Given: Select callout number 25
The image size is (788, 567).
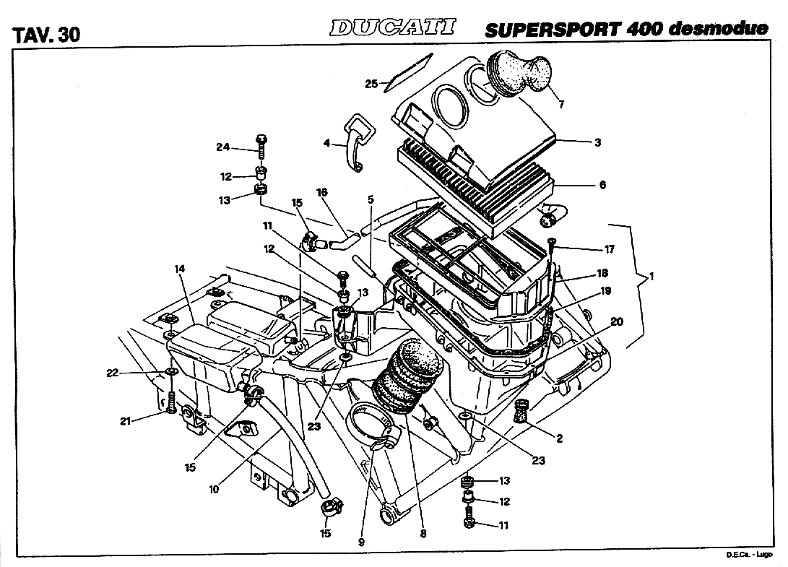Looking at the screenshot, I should (371, 85).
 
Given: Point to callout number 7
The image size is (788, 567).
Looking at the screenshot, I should (561, 105).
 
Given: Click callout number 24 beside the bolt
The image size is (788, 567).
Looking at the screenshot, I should (222, 147).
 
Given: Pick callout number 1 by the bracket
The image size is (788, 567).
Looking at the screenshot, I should (651, 277).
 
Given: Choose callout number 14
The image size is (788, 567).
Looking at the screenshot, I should (180, 269).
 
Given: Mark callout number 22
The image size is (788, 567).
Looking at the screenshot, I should (112, 373).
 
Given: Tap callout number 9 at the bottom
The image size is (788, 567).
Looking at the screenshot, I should (361, 541).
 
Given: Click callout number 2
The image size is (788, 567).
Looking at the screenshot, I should (559, 438).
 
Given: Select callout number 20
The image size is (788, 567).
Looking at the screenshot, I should (616, 321).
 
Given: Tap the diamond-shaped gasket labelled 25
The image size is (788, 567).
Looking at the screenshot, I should (403, 73).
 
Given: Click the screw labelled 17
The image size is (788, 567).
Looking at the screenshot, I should (551, 253).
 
